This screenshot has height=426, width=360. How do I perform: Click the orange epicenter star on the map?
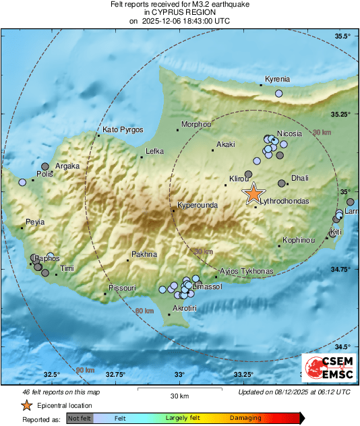pos(253,193)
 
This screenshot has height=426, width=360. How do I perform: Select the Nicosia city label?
pos(290,133)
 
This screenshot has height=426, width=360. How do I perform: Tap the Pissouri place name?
pos(122,288)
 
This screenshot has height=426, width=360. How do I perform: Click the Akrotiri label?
pos(185,308)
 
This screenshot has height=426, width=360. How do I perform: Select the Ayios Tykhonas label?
pos(247,271)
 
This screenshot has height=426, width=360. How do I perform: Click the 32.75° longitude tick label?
pos(116,374)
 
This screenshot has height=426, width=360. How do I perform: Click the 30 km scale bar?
pos(179,389)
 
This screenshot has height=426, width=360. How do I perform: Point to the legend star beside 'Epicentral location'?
pos(26,406)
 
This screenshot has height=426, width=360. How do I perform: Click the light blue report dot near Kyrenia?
pos(279,94)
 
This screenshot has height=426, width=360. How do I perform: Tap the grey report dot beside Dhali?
pos(282,183)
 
